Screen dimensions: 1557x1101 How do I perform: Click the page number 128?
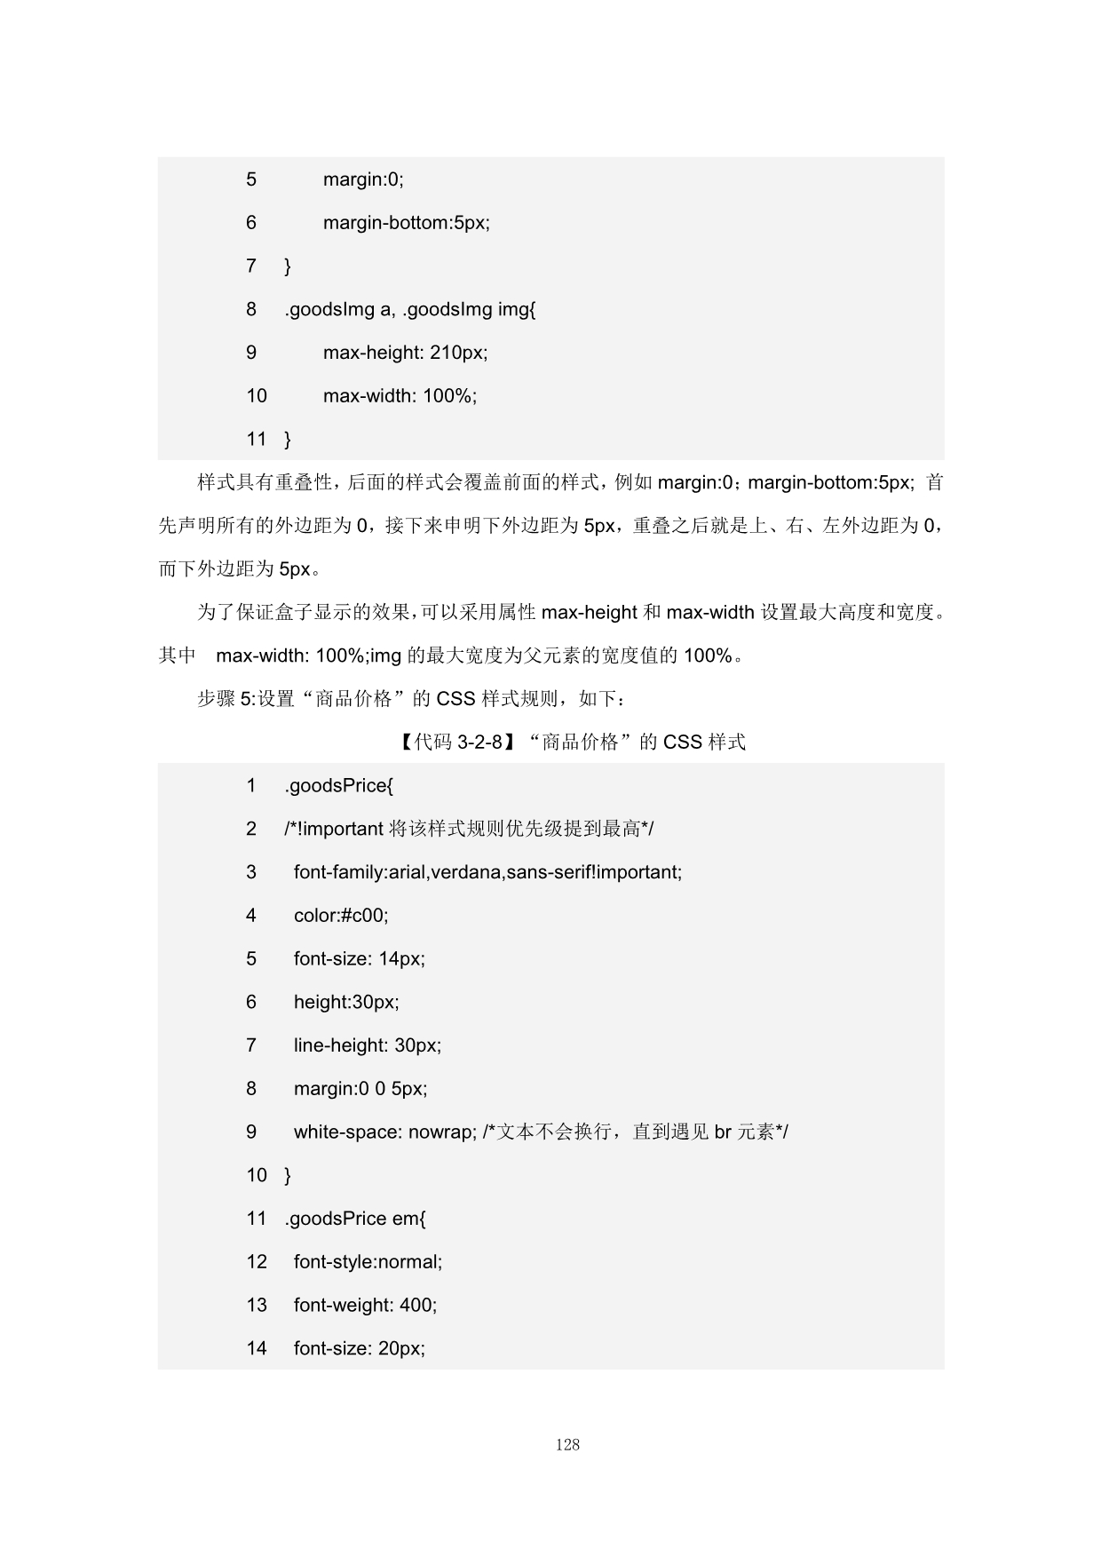(567, 1445)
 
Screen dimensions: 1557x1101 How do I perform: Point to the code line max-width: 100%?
(400, 396)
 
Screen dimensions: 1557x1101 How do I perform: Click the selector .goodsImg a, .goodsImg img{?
(409, 309)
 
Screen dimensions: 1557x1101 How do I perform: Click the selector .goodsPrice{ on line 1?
(338, 786)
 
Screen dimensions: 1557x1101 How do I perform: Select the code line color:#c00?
(341, 916)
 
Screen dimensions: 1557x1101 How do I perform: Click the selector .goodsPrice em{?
(355, 1219)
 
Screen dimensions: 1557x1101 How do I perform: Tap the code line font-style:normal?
(368, 1262)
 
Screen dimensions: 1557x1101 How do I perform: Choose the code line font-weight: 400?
(365, 1306)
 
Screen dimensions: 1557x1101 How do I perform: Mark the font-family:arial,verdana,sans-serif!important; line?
(487, 872)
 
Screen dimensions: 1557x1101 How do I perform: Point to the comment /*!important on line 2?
(334, 830)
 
